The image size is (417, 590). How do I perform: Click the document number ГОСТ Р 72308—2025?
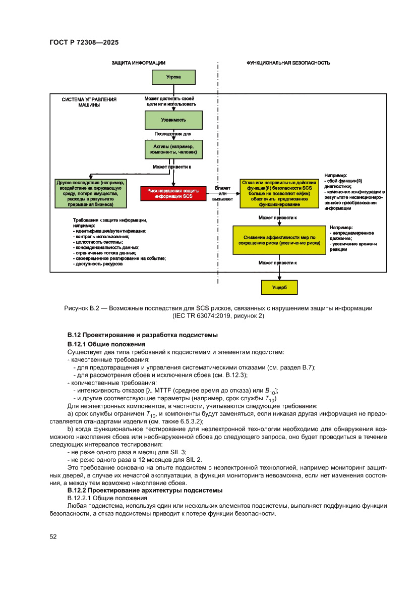[x=84, y=42]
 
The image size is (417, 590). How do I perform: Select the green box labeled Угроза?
[x=173, y=77]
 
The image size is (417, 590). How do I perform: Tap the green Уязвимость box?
[x=173, y=121]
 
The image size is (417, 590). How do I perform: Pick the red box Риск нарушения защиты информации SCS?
[x=173, y=193]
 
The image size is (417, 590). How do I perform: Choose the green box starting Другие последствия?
[x=91, y=193]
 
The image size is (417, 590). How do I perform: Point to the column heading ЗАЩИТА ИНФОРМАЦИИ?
[x=138, y=63]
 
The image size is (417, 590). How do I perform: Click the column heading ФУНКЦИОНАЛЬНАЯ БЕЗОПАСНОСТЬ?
[x=288, y=63]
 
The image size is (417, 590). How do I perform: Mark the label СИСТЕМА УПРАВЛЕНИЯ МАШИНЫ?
[x=89, y=102]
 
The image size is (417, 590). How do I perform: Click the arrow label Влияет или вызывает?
[x=222, y=193]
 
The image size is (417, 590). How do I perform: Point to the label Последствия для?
[x=173, y=134]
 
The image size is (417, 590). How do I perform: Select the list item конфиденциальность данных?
[x=107, y=247]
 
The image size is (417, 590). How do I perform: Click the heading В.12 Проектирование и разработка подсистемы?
[x=143, y=335]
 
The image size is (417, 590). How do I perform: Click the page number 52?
[x=53, y=537]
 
